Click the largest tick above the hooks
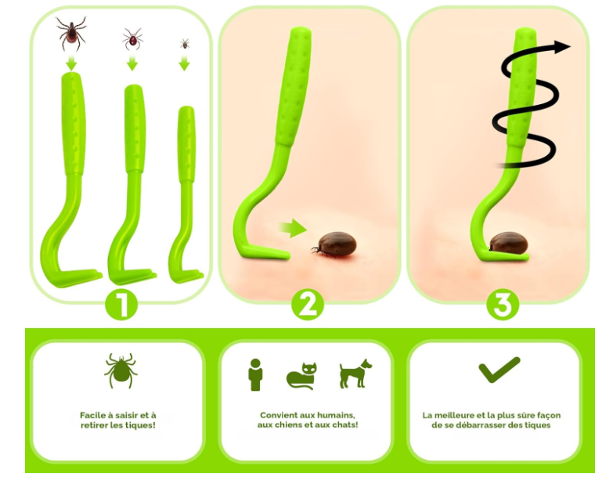71,33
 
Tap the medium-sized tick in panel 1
132,38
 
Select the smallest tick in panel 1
185,43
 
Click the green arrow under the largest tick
71,63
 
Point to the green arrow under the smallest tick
185,63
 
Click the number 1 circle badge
121,305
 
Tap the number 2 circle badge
308,305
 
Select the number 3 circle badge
503,305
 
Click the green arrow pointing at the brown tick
293,229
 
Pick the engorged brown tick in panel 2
334,244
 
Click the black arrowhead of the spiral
563,47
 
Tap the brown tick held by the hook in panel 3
508,243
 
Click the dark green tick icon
121,371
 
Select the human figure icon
255,374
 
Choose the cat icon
302,376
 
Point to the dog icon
355,374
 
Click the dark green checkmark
499,370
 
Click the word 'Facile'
92,415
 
